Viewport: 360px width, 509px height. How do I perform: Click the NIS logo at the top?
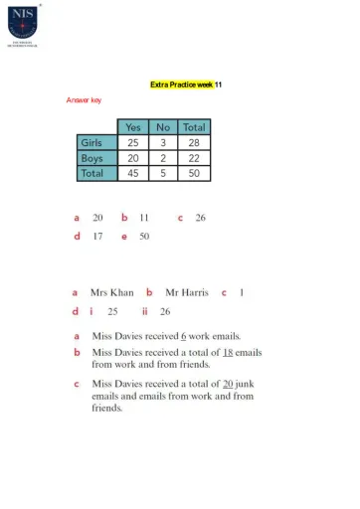[x=23, y=23]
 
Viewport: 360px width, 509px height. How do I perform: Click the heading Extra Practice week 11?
[x=186, y=85]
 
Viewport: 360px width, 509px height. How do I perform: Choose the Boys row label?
[x=92, y=157]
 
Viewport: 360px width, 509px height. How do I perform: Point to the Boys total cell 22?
[x=194, y=157]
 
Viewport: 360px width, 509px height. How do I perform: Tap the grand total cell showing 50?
[x=194, y=172]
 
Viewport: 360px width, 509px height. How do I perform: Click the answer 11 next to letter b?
[x=144, y=217]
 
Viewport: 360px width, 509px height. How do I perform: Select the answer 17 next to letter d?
[x=97, y=237]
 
